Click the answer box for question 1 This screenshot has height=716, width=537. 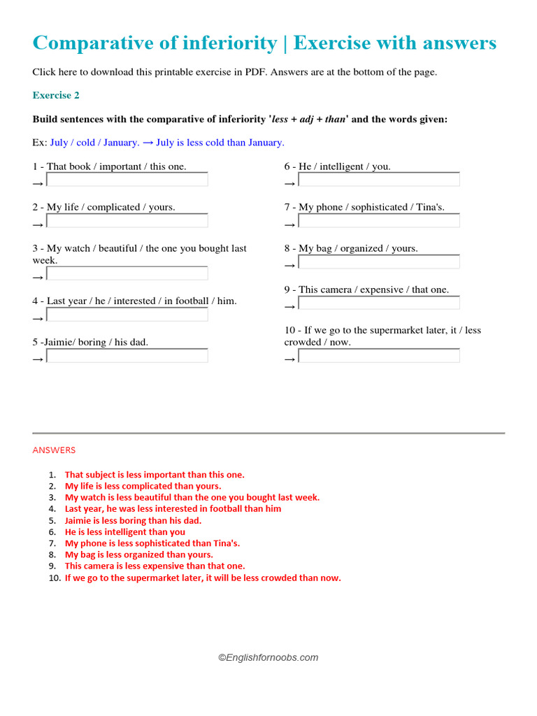[x=127, y=180]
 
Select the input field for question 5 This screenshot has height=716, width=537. [x=127, y=356]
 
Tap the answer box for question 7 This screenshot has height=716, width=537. [x=379, y=221]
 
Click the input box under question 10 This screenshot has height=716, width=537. [x=379, y=356]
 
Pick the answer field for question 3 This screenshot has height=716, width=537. [x=127, y=273]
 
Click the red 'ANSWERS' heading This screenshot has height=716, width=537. [x=54, y=450]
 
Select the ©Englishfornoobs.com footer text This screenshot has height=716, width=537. [x=268, y=657]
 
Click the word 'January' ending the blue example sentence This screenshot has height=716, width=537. [x=265, y=143]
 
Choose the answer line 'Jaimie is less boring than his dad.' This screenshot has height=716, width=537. [x=133, y=520]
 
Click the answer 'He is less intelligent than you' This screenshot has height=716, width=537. [x=125, y=531]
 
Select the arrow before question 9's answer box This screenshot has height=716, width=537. [x=290, y=307]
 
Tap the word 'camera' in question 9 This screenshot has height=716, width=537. [x=336, y=289]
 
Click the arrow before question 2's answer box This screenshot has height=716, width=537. [x=38, y=225]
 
